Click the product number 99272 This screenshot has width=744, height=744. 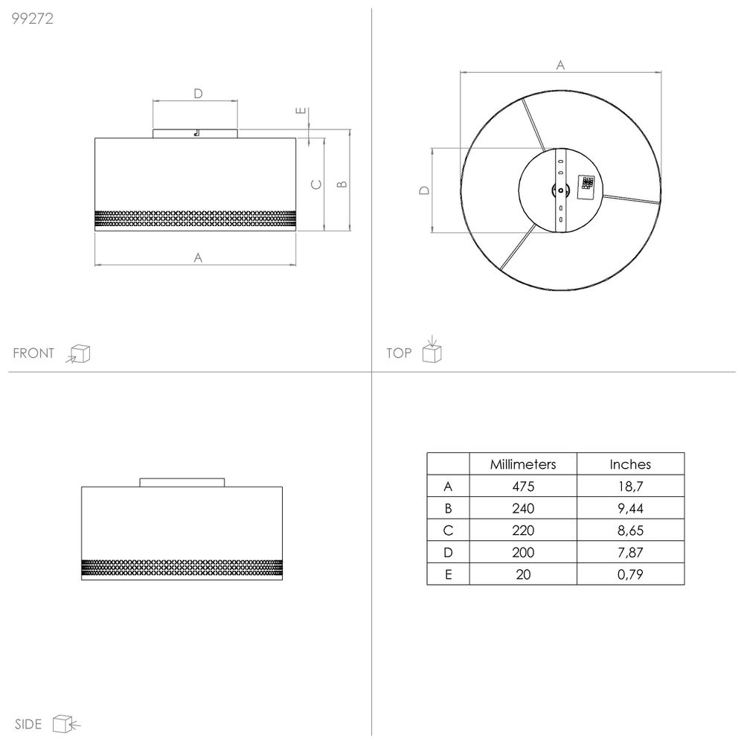32,19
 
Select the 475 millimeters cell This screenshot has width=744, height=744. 523,486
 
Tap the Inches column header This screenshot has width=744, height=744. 630,464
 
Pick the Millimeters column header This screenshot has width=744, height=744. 523,464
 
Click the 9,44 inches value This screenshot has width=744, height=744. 630,508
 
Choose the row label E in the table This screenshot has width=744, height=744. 448,574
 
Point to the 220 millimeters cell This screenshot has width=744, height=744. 523,530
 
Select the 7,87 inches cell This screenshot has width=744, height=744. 630,552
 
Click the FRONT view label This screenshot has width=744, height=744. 33,353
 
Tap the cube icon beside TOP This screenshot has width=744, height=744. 432,350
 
